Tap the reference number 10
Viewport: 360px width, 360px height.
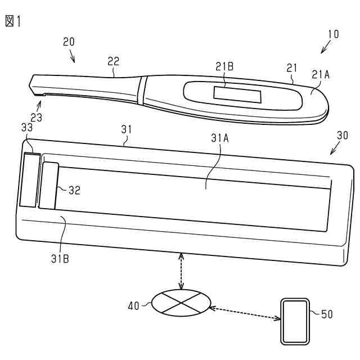333,34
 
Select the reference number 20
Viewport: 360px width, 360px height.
69,42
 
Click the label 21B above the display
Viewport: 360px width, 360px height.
224,67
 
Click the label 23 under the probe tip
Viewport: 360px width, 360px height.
36,118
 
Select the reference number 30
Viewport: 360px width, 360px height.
342,136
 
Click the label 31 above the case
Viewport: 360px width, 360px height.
127,129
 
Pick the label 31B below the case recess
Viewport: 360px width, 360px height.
61,259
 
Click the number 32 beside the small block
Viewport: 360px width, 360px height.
74,190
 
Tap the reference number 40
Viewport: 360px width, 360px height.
134,305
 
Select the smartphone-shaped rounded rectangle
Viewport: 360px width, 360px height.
294,322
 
